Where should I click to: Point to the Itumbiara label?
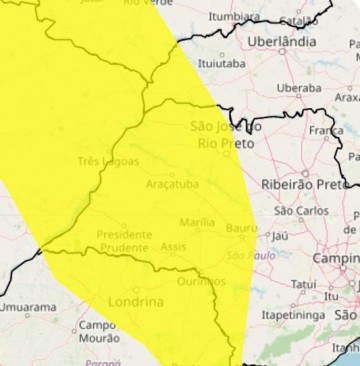(235, 17)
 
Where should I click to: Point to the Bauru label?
(242, 228)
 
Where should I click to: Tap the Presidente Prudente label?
(124, 240)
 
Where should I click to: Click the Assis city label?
(174, 246)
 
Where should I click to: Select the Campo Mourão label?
(98, 331)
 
